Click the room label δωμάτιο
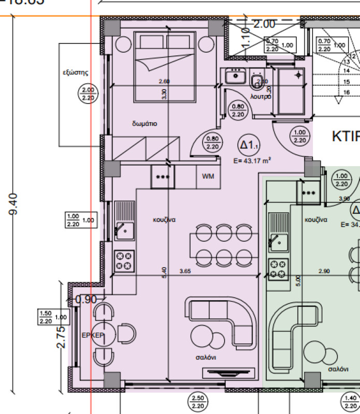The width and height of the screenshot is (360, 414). coord(145,124)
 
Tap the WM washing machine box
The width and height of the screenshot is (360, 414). coord(208,177)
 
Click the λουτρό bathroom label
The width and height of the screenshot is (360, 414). coord(260,97)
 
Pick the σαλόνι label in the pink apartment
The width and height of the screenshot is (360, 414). coord(206,358)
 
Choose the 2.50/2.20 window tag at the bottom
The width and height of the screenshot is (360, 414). coord(197,402)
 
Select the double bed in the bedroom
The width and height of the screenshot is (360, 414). coord(166,66)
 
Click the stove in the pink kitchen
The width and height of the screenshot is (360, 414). coord(125,260)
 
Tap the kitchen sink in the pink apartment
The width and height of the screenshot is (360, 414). coord(124,227)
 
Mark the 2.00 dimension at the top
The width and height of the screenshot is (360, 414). coord(264,23)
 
